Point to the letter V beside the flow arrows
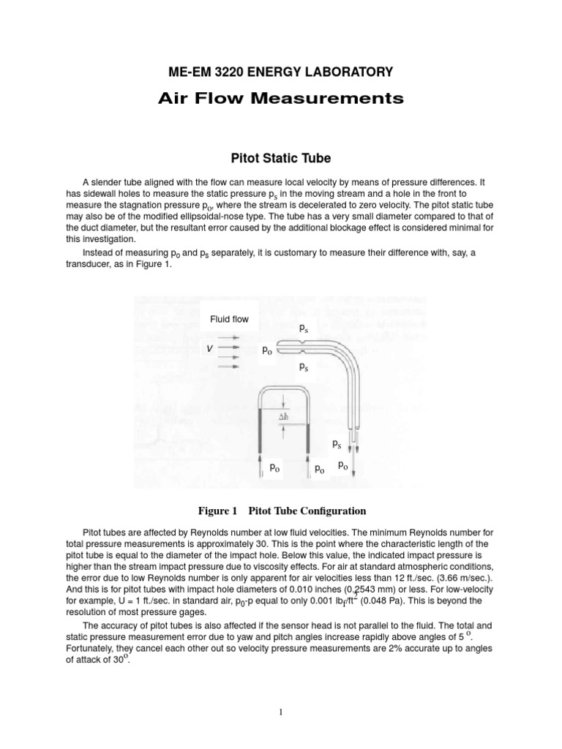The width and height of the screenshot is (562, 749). pyautogui.click(x=210, y=350)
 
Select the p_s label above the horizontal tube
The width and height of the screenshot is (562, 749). pyautogui.click(x=304, y=329)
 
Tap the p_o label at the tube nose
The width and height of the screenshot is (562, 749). pyautogui.click(x=268, y=350)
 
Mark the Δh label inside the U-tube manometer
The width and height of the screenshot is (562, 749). pyautogui.click(x=287, y=418)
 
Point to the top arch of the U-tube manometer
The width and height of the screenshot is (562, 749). pyautogui.click(x=285, y=393)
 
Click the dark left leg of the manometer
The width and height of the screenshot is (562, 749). pyautogui.click(x=261, y=432)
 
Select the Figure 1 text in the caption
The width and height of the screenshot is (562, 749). pyautogui.click(x=217, y=511)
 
